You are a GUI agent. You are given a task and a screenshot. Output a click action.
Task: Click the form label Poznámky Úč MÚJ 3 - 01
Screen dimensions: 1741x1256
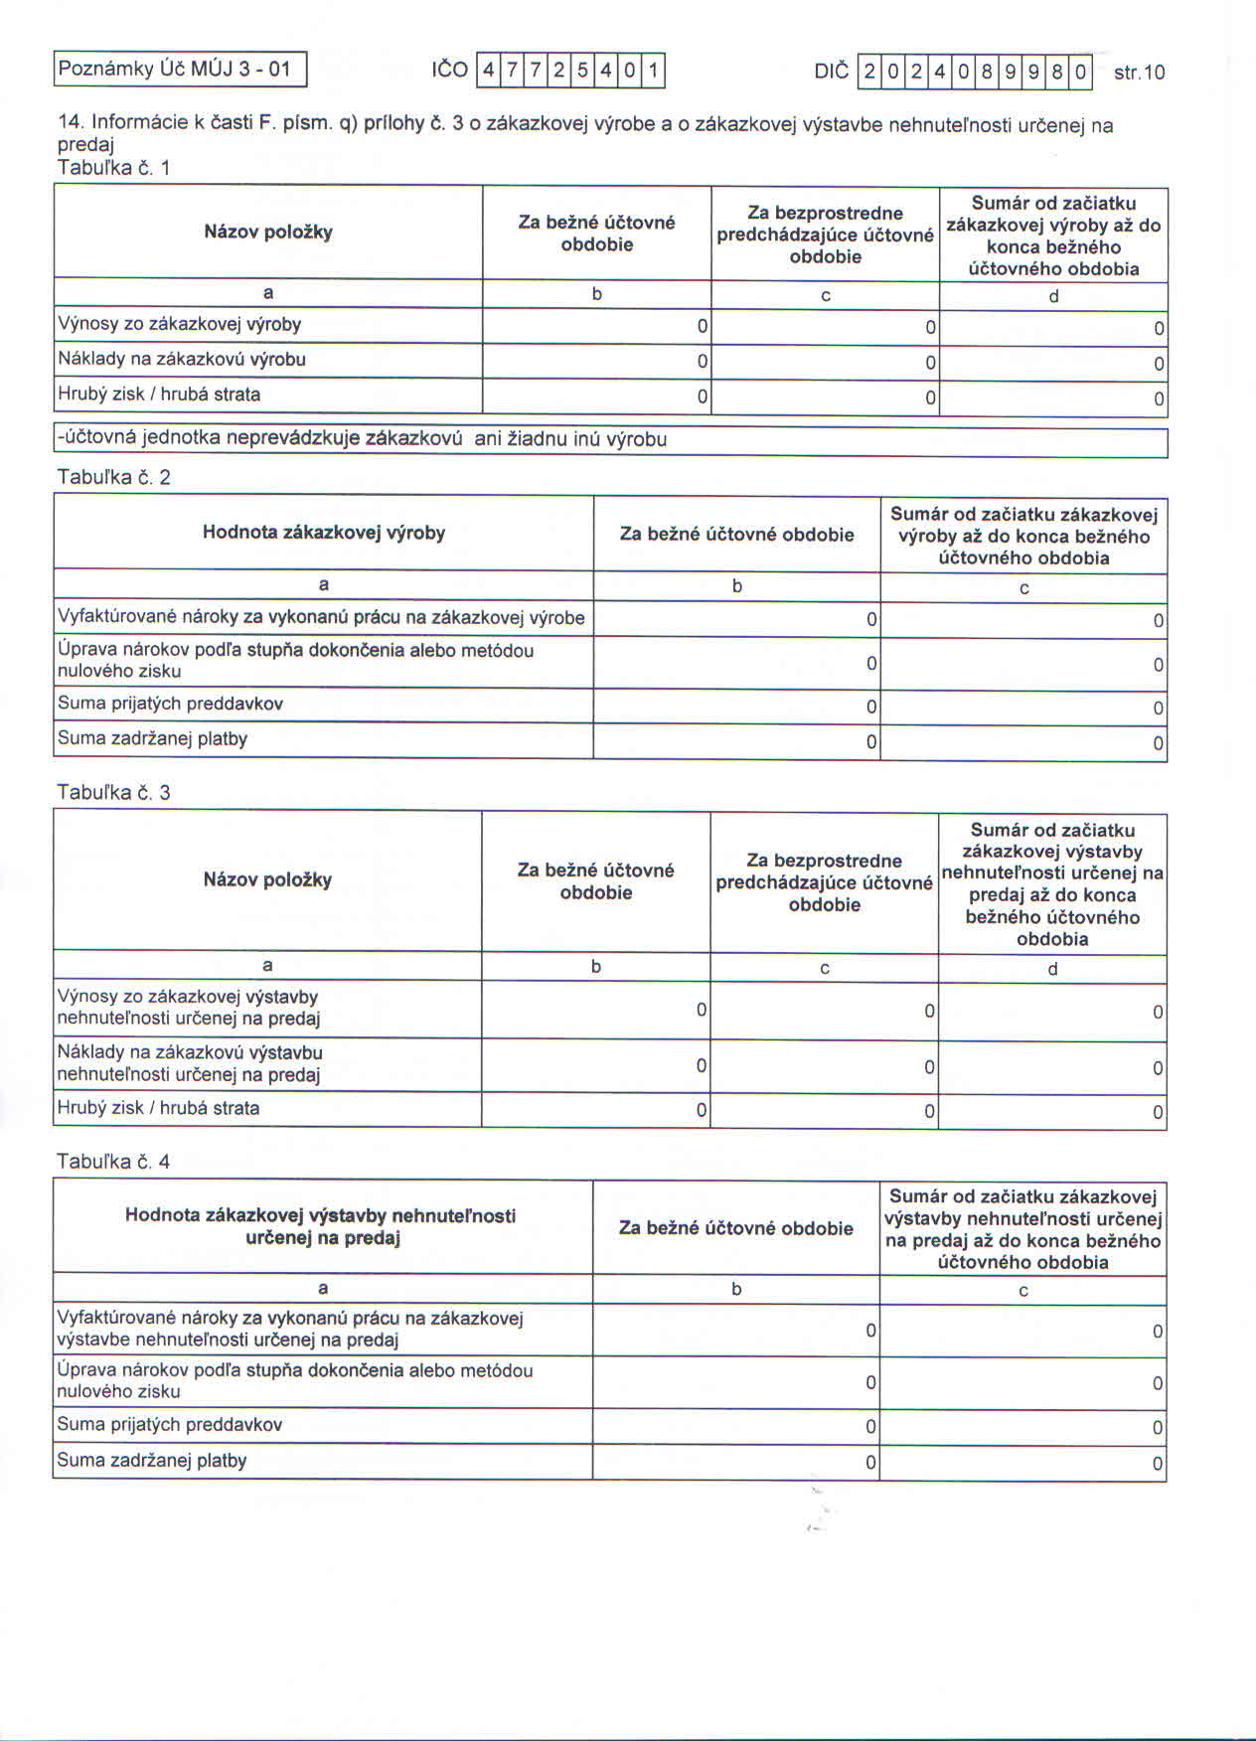(175, 70)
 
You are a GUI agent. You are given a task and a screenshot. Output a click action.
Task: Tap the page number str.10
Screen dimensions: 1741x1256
(1139, 73)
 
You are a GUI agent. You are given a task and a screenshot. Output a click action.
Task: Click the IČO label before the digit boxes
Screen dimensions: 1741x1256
(449, 71)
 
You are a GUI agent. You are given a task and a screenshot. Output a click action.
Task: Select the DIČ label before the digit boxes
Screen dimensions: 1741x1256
(831, 72)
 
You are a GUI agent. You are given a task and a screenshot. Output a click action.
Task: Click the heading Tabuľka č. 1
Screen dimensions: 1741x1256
(113, 168)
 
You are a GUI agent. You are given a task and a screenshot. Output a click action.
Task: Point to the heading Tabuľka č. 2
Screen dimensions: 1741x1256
(113, 477)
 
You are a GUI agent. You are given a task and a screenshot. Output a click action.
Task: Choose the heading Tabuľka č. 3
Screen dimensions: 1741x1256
(113, 792)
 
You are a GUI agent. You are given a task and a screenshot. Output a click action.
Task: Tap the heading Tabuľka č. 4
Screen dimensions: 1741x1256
(113, 1161)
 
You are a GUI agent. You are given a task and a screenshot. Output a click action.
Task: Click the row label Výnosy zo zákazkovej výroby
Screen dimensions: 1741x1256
(179, 325)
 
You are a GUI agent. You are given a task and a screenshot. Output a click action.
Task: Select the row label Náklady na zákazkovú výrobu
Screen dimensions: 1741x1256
(181, 360)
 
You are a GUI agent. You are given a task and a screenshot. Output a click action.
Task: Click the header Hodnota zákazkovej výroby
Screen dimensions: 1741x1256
(323, 533)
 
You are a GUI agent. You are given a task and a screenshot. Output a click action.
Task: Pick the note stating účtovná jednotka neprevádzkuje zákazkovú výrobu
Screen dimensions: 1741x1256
(362, 439)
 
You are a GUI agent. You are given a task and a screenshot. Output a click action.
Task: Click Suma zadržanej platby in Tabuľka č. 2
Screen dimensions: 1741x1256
(152, 738)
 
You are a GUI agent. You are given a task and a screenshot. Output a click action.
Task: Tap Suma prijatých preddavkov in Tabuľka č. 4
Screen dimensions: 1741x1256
(169, 1424)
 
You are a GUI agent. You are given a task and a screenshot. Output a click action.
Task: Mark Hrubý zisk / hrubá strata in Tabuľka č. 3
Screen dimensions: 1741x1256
(158, 1108)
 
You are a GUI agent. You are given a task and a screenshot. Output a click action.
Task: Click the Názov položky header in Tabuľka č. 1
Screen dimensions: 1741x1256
(267, 233)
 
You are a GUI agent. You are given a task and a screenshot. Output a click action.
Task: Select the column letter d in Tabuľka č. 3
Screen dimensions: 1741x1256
(1052, 968)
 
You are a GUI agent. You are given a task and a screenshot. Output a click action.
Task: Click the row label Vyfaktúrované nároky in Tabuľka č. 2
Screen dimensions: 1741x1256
(320, 617)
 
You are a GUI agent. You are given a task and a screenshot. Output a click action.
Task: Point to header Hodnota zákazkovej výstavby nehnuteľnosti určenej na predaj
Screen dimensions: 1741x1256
(321, 1226)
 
